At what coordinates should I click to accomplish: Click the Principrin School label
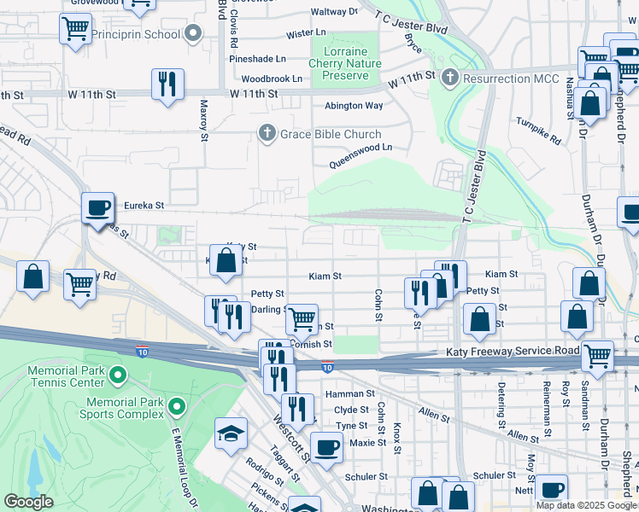[138, 34]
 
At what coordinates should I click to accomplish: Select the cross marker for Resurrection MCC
[450, 79]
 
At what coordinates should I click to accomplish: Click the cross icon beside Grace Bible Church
[267, 133]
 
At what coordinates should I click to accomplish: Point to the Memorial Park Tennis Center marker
[119, 373]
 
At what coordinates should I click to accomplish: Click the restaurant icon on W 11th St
[166, 84]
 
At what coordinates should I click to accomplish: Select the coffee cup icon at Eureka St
[97, 207]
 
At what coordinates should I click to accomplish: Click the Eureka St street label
[144, 206]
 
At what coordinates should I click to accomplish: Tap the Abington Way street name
[354, 106]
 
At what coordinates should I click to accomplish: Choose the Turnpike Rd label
[539, 131]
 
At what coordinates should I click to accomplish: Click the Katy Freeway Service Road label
[513, 352]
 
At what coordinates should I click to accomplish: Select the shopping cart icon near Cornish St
[301, 320]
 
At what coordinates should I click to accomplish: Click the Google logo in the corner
[29, 502]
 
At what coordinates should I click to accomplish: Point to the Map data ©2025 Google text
[586, 505]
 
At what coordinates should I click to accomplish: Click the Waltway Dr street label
[334, 12]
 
